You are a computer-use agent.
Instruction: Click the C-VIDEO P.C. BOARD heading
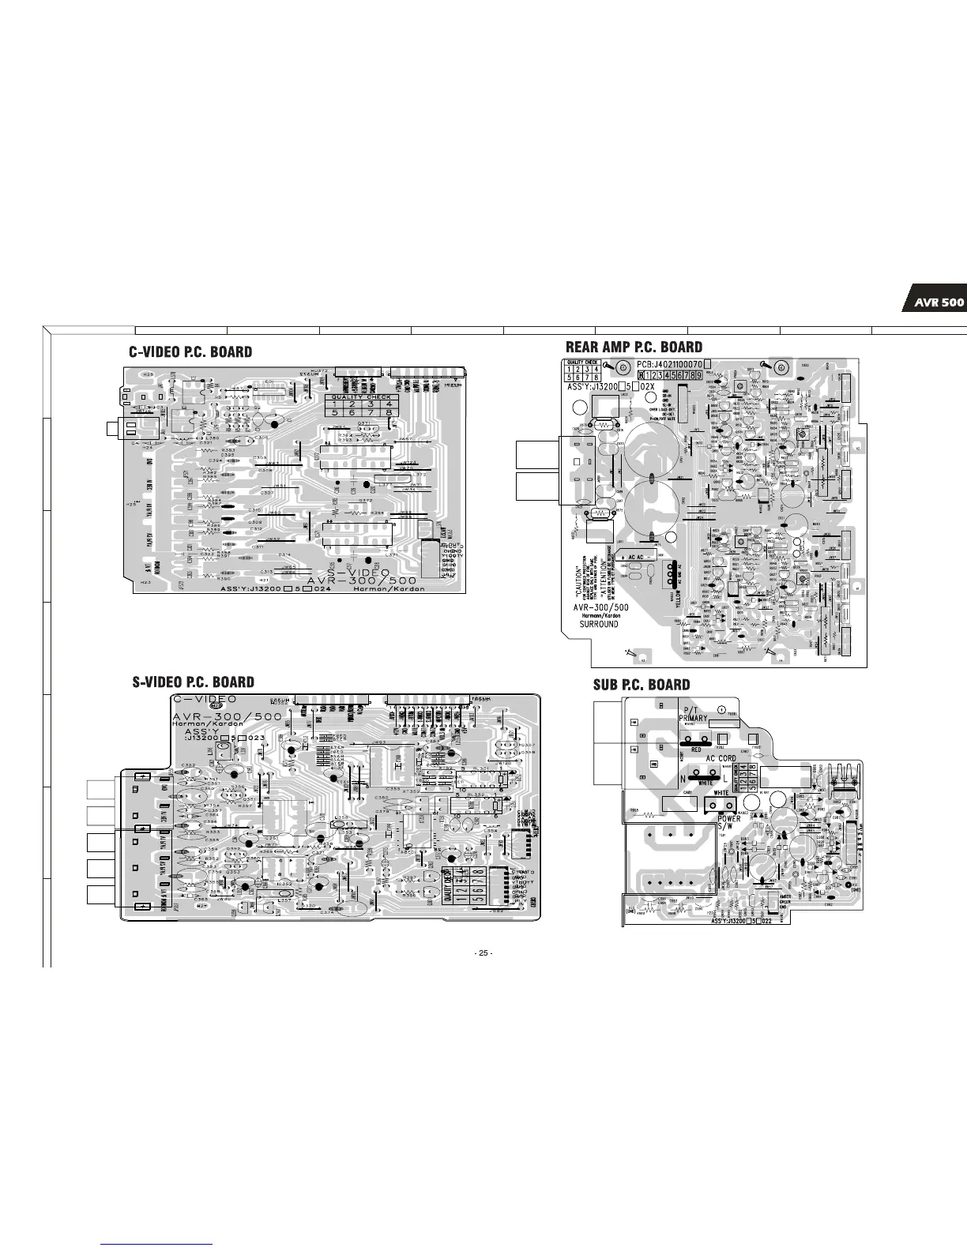(x=191, y=352)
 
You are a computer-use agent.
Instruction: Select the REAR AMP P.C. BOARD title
(x=634, y=347)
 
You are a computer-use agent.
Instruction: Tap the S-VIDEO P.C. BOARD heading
(x=193, y=682)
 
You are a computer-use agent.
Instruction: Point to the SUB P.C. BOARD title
(x=642, y=685)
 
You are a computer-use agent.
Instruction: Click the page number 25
(x=483, y=953)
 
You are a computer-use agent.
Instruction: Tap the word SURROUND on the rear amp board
(x=599, y=624)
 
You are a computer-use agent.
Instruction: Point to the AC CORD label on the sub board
(x=721, y=758)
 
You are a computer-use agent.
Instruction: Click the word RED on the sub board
(x=696, y=749)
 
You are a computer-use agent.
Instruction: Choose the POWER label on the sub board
(x=729, y=818)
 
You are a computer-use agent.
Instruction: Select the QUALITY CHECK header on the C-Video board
(x=360, y=397)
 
